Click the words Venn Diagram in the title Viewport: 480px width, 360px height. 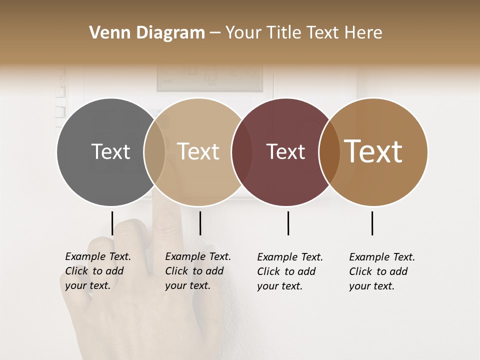click(147, 33)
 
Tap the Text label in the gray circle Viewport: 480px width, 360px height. click(110, 152)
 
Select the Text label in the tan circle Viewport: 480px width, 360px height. click(198, 152)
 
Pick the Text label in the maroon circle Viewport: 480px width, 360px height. click(285, 152)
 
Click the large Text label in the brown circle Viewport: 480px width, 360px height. click(373, 151)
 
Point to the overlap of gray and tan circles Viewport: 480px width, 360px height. click(154, 152)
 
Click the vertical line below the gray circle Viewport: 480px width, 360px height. click(112, 223)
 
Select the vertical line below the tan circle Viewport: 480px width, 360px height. click(200, 223)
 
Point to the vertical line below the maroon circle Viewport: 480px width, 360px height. click(288, 223)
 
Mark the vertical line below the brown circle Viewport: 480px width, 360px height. click(372, 223)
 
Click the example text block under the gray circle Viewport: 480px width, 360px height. click(98, 271)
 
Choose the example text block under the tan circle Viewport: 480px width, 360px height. click(198, 271)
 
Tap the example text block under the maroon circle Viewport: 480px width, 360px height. click(290, 271)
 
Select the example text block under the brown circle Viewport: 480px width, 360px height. click(382, 271)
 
